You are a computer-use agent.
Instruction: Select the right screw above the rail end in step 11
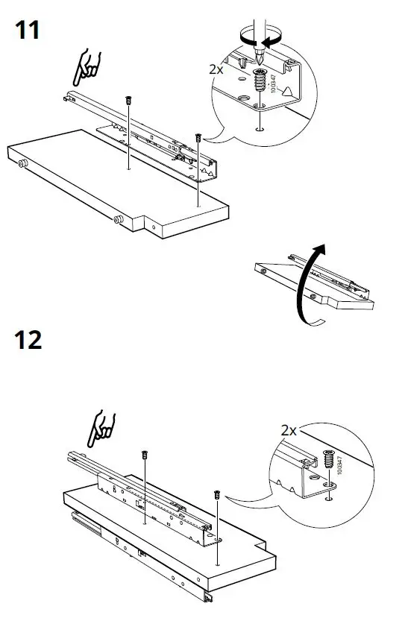198,138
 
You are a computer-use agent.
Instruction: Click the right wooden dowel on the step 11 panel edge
117,220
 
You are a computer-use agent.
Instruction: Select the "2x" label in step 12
289,431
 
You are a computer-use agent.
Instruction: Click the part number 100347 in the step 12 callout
340,466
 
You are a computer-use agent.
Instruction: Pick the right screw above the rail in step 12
217,494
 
